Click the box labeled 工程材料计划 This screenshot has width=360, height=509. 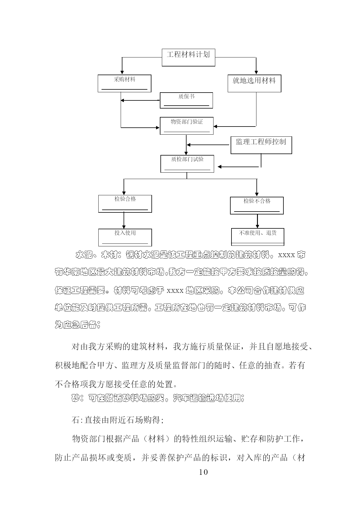pyautogui.click(x=188, y=57)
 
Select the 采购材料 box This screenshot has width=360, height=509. pyautogui.click(x=124, y=84)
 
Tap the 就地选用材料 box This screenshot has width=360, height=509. pyautogui.click(x=254, y=84)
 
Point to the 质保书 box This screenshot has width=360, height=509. pyautogui.click(x=187, y=100)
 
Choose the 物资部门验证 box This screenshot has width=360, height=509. pyautogui.click(x=187, y=126)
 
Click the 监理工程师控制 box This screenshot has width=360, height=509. pyautogui.click(x=261, y=145)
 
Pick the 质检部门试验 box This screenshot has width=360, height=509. pyautogui.click(x=187, y=164)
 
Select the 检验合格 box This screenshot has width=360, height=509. pyautogui.click(x=125, y=204)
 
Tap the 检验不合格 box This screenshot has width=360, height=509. pyautogui.click(x=257, y=206)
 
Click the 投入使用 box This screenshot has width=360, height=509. pyautogui.click(x=125, y=238)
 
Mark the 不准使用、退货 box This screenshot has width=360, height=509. pyautogui.click(x=258, y=237)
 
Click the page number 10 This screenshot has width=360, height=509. pyautogui.click(x=204, y=472)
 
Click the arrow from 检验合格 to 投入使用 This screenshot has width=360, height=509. pyautogui.click(x=124, y=221)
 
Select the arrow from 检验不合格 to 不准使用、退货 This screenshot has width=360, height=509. pyautogui.click(x=257, y=221)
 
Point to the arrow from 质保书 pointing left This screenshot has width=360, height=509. pyautogui.click(x=140, y=100)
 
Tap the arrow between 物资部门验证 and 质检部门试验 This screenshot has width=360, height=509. pyautogui.click(x=187, y=145)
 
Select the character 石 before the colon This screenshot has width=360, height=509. pyautogui.click(x=75, y=420)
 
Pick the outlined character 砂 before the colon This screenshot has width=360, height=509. pyautogui.click(x=75, y=398)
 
